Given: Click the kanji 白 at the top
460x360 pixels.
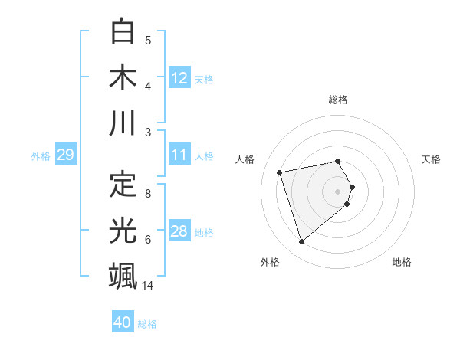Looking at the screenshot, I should click(123, 31).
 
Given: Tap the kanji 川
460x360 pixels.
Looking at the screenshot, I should click(123, 123).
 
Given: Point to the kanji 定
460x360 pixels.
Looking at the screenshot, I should click(123, 185).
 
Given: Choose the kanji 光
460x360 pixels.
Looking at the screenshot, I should click(123, 231).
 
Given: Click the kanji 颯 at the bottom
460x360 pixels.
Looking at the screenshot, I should click(123, 276).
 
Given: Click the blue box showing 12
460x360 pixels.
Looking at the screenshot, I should click(179, 78).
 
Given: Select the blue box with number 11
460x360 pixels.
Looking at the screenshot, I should click(179, 155).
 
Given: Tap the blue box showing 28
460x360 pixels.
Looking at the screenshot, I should click(179, 231).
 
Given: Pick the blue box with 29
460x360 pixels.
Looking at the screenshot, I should click(65, 155).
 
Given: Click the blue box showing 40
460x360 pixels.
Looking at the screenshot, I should click(123, 322).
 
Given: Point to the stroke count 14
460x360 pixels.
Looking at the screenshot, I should click(148, 286).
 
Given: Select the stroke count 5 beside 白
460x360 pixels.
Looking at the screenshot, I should click(148, 41).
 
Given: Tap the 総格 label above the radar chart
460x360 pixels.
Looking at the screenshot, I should click(338, 100).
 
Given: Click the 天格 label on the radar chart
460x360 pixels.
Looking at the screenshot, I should click(431, 159).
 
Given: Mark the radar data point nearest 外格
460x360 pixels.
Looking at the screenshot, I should click(301, 242).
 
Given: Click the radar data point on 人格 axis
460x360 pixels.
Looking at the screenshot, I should click(280, 172).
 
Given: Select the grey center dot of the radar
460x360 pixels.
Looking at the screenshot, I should click(338, 191).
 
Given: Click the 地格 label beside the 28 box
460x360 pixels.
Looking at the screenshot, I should click(205, 232).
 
